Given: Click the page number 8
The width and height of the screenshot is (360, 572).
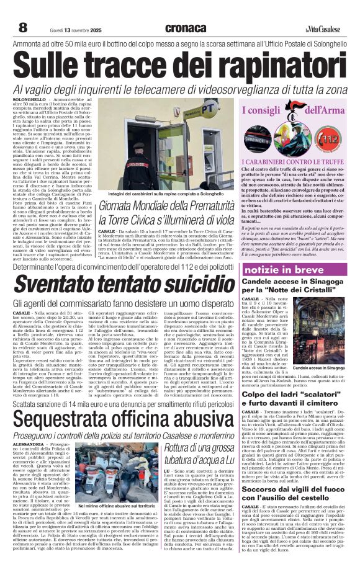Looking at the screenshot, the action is click(x=23, y=28).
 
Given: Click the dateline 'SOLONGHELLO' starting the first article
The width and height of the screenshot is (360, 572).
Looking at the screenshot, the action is click(x=29, y=99).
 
